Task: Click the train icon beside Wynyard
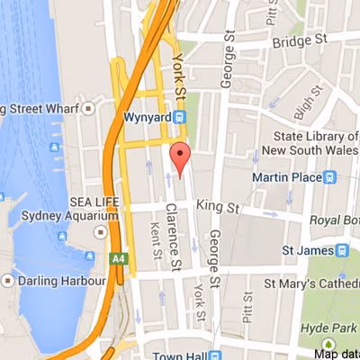coord(181,116)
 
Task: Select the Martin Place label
coord(286,178)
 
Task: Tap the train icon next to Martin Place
coord(330,178)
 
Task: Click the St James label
coord(305,250)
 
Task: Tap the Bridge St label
coord(296,41)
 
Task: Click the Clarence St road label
coord(173,236)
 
